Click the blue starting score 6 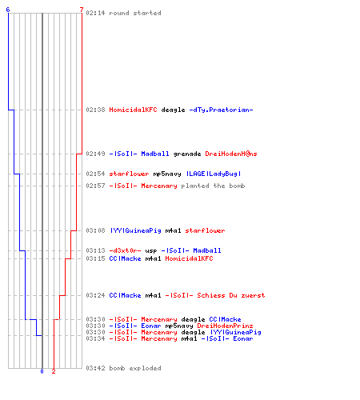pos(8,10)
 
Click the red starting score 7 pos(82,10)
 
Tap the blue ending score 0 pos(42,371)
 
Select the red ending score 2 pos(54,371)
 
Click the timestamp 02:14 pos(95,13)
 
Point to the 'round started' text pos(135,13)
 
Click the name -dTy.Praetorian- pos(221,110)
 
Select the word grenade pos(187,154)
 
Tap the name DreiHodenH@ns pos(231,154)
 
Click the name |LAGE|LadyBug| pos(214,174)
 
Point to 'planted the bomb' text pos(213,186)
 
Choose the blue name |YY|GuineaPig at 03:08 pos(136,230)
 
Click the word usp pos(151,251)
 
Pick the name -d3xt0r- pos(125,250)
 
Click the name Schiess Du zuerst pos(231,295)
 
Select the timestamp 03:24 pos(95,295)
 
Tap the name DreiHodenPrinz pos(225,326)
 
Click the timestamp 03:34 pos(95,338)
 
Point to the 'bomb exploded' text pos(135,368)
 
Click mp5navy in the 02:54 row pos(167,174)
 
